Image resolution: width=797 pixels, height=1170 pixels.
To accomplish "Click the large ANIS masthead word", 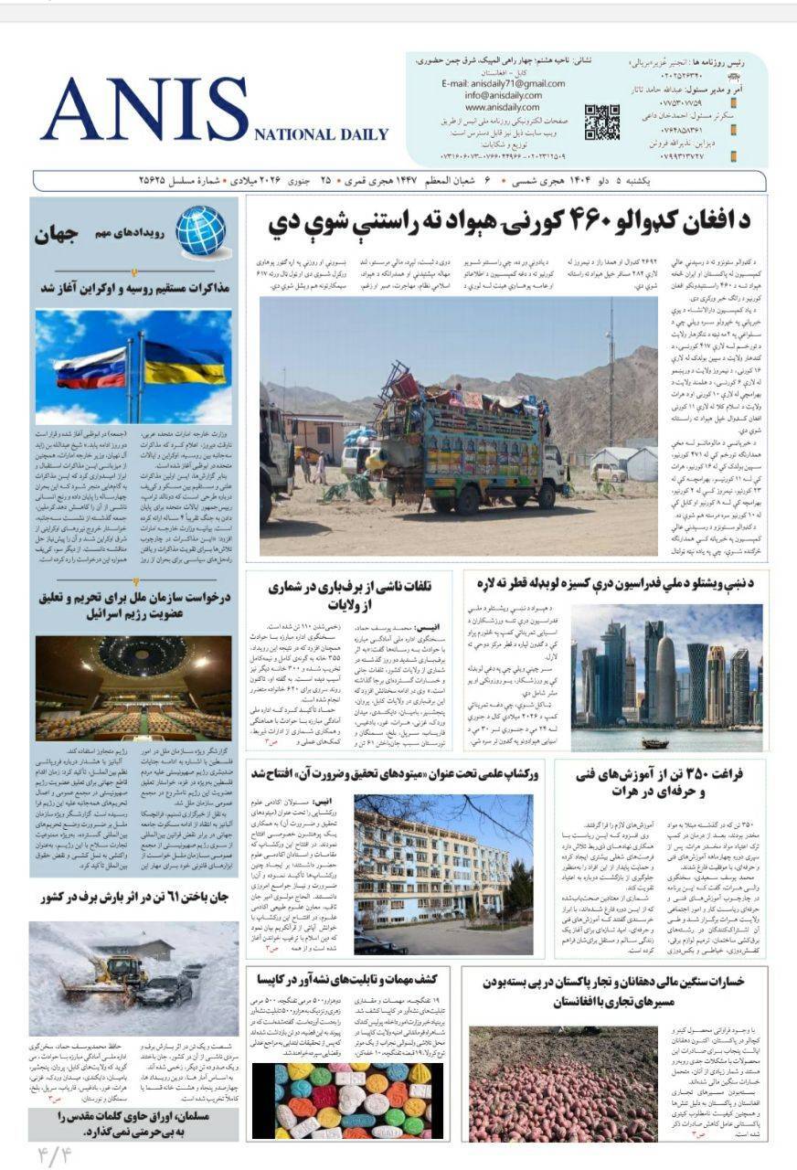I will point(143,110).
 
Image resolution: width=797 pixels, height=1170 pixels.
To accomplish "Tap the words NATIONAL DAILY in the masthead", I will point(321,134).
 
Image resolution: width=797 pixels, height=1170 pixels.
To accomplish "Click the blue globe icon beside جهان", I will point(200,231).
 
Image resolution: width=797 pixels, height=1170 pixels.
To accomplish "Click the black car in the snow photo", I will point(165,989).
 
